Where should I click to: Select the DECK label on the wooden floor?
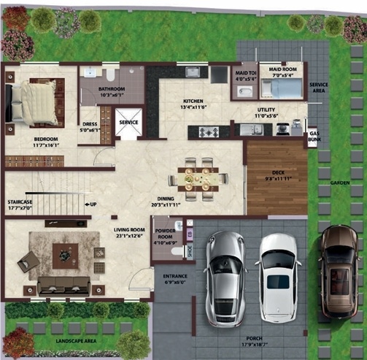[277, 172]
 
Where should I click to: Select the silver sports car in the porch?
[225, 277]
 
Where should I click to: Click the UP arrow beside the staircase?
[91, 204]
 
